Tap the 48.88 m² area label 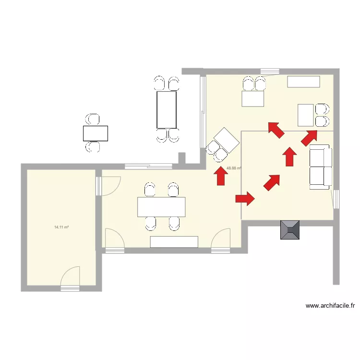coord(233,168)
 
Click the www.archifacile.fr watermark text coord(330,305)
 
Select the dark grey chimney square coord(290,229)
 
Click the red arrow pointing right coord(245,198)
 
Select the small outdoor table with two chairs coord(95,133)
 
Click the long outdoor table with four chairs coord(167,110)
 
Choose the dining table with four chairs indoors coord(161,207)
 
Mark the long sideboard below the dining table coord(174,241)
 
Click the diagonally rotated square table coord(226,141)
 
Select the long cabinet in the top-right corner coord(303,82)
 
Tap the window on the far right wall coord(336,199)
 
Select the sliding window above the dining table coord(148,167)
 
